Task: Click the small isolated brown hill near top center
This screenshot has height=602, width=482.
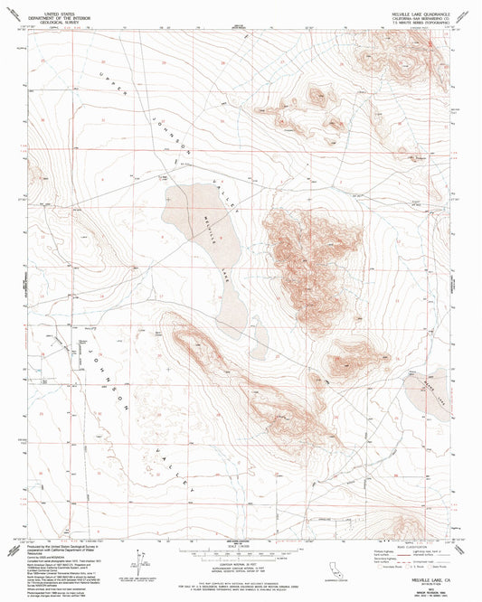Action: [317, 94]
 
